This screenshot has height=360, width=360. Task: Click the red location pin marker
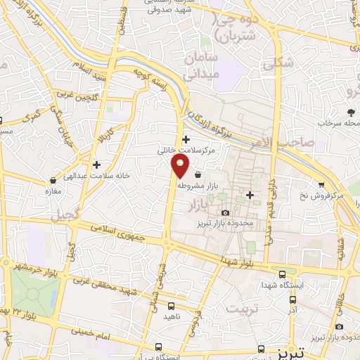point(180,167)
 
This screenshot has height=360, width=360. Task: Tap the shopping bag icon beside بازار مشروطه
point(198,174)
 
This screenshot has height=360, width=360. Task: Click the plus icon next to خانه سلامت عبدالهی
point(96,165)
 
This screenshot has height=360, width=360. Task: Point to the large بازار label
point(200,205)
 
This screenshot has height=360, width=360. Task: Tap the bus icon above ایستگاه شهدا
point(282,274)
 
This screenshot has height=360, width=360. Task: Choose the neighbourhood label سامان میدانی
point(202,67)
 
